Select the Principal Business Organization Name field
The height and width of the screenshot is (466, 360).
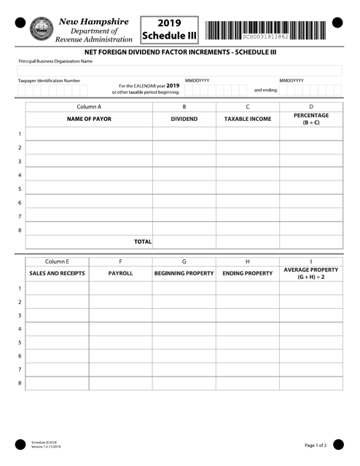tap(179, 71)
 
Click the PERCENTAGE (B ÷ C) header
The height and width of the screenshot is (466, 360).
tap(311, 118)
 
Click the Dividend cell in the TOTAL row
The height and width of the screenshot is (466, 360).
tap(184, 241)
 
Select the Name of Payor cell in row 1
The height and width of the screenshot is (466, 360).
tap(89, 134)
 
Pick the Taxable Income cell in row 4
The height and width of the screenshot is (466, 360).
tap(248, 175)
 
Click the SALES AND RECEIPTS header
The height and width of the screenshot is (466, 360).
tap(57, 274)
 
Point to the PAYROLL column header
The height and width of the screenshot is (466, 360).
tap(120, 274)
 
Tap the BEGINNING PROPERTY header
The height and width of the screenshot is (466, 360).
tap(184, 274)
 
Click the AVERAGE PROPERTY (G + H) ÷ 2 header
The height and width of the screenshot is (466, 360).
tap(310, 274)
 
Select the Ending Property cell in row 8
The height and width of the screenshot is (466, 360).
tap(247, 382)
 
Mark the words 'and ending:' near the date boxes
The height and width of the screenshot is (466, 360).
tap(265, 90)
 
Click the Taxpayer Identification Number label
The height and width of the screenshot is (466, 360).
tap(50, 81)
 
